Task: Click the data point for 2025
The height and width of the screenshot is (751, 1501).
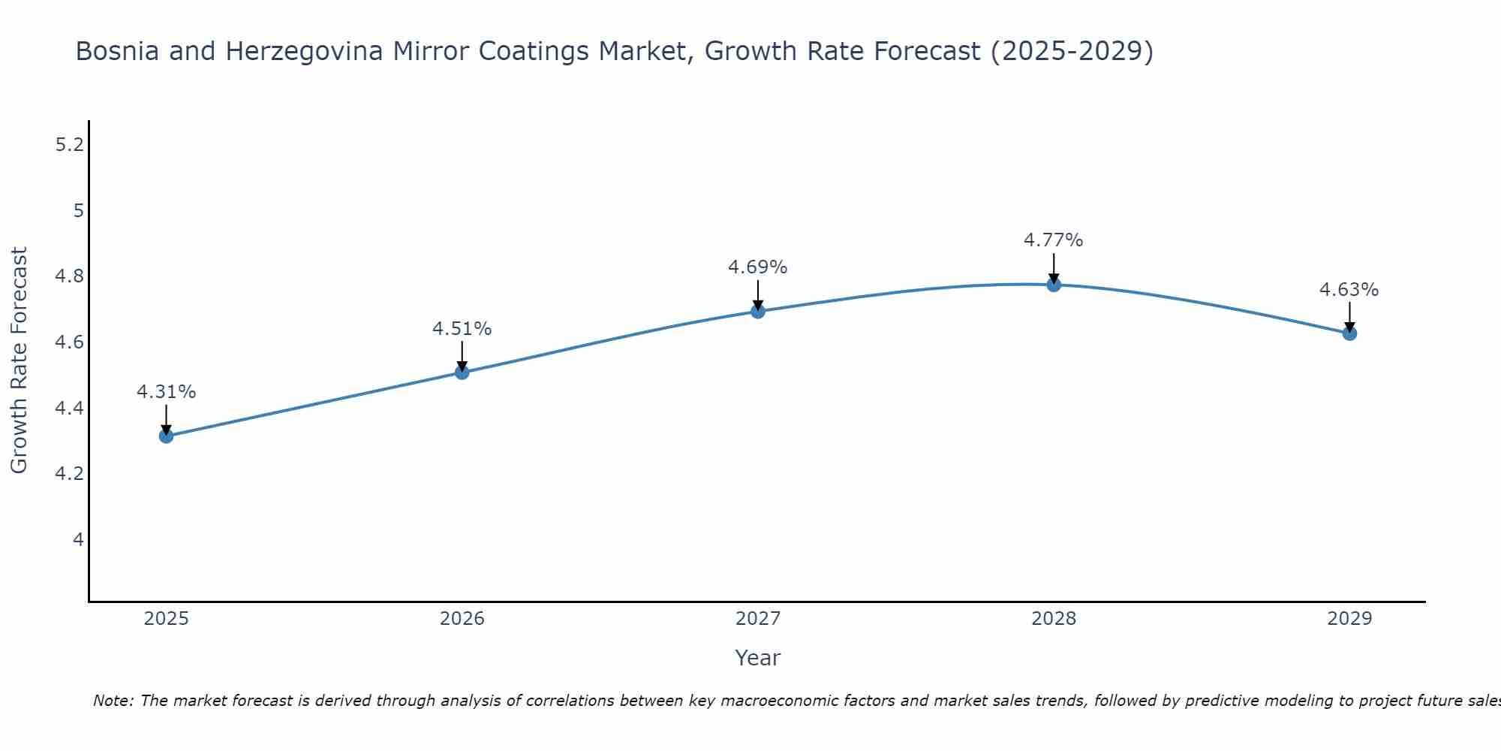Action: point(166,436)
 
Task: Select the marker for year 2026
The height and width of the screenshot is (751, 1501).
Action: point(462,372)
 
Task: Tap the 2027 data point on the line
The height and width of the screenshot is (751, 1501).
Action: point(758,311)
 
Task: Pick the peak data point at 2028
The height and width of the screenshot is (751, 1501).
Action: point(1054,284)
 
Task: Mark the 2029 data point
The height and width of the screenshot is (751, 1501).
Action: point(1349,333)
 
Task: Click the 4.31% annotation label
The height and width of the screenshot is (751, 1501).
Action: point(166,392)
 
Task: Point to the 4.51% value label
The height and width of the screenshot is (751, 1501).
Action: point(462,329)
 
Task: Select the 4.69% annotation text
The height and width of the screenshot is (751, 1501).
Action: point(758,267)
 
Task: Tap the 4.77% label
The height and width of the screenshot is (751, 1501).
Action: point(1054,240)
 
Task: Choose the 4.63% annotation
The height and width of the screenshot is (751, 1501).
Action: point(1349,290)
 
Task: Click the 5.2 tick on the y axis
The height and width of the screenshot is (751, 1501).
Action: point(70,145)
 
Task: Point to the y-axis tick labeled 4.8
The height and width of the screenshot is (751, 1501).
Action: point(70,276)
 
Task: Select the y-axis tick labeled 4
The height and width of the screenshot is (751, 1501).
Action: point(78,540)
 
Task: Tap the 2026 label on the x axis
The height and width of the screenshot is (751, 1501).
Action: point(462,619)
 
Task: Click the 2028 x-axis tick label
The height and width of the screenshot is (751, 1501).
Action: point(1054,619)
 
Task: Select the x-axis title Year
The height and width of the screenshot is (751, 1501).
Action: point(758,658)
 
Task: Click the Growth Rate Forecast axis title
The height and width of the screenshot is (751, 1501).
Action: point(19,360)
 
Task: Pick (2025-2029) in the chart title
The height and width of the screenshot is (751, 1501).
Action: point(1071,52)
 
